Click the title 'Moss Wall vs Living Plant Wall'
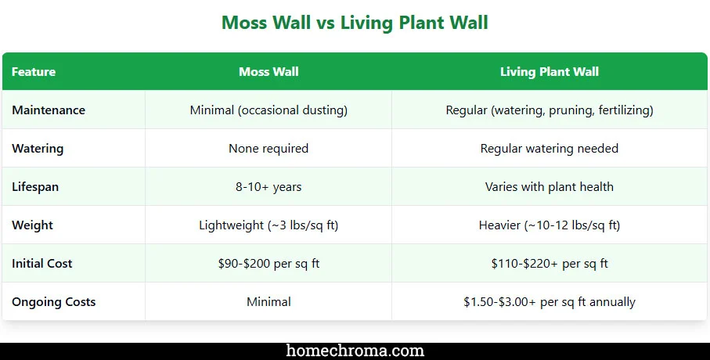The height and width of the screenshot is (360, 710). pyautogui.click(x=355, y=23)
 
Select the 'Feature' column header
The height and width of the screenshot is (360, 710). pyautogui.click(x=34, y=72)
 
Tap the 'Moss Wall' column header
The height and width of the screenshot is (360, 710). pyautogui.click(x=269, y=72)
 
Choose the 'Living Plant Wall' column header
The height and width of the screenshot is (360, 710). pyautogui.click(x=550, y=72)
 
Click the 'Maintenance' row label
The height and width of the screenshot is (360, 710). pyautogui.click(x=49, y=110)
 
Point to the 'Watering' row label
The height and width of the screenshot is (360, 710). pyautogui.click(x=38, y=149)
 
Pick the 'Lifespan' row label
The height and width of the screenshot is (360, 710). pyautogui.click(x=35, y=187)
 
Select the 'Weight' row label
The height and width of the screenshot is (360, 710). pyautogui.click(x=32, y=225)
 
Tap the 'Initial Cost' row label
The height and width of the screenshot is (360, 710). pyautogui.click(x=42, y=264)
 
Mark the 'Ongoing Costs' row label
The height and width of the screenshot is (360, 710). pyautogui.click(x=54, y=302)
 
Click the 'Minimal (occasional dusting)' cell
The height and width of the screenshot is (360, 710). pyautogui.click(x=269, y=110)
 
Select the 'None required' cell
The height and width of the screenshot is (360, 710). pyautogui.click(x=269, y=149)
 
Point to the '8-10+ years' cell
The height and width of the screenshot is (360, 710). pyautogui.click(x=269, y=187)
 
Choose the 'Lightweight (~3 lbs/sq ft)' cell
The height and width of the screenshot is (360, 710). pyautogui.click(x=269, y=225)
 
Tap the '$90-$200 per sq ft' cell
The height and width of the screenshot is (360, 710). pyautogui.click(x=269, y=264)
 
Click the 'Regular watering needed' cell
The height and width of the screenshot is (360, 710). pyautogui.click(x=550, y=149)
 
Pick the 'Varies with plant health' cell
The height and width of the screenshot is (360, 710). pyautogui.click(x=550, y=187)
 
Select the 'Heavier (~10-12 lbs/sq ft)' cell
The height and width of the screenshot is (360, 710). pyautogui.click(x=550, y=225)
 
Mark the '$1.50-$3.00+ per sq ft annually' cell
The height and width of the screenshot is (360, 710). pyautogui.click(x=550, y=302)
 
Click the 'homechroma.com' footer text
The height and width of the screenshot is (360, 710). pyautogui.click(x=355, y=351)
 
